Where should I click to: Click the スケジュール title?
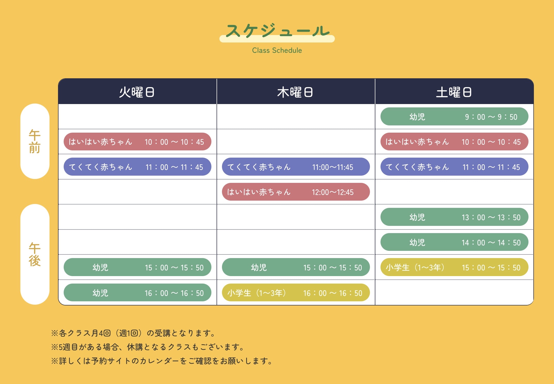click(277, 31)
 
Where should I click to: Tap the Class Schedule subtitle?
click(277, 50)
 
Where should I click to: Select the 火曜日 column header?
click(137, 92)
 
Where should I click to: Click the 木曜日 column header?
click(295, 92)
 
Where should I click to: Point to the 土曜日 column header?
click(454, 92)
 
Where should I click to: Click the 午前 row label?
click(35, 141)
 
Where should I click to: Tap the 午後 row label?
click(35, 254)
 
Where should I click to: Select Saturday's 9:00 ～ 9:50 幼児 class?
click(454, 117)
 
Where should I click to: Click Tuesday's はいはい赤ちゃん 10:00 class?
click(137, 142)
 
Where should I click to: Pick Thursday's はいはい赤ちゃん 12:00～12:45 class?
click(296, 192)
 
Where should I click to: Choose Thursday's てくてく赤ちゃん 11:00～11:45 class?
click(296, 167)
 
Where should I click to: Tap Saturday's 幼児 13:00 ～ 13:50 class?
click(454, 217)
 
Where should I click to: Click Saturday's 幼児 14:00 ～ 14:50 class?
click(454, 242)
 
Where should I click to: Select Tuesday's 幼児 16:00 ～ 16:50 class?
click(137, 293)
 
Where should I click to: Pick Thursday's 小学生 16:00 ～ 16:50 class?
click(296, 293)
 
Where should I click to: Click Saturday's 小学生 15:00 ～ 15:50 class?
click(454, 267)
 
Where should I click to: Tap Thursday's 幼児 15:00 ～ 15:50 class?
click(296, 267)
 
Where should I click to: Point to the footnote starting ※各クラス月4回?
click(133, 333)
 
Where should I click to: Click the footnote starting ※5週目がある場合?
click(148, 347)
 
